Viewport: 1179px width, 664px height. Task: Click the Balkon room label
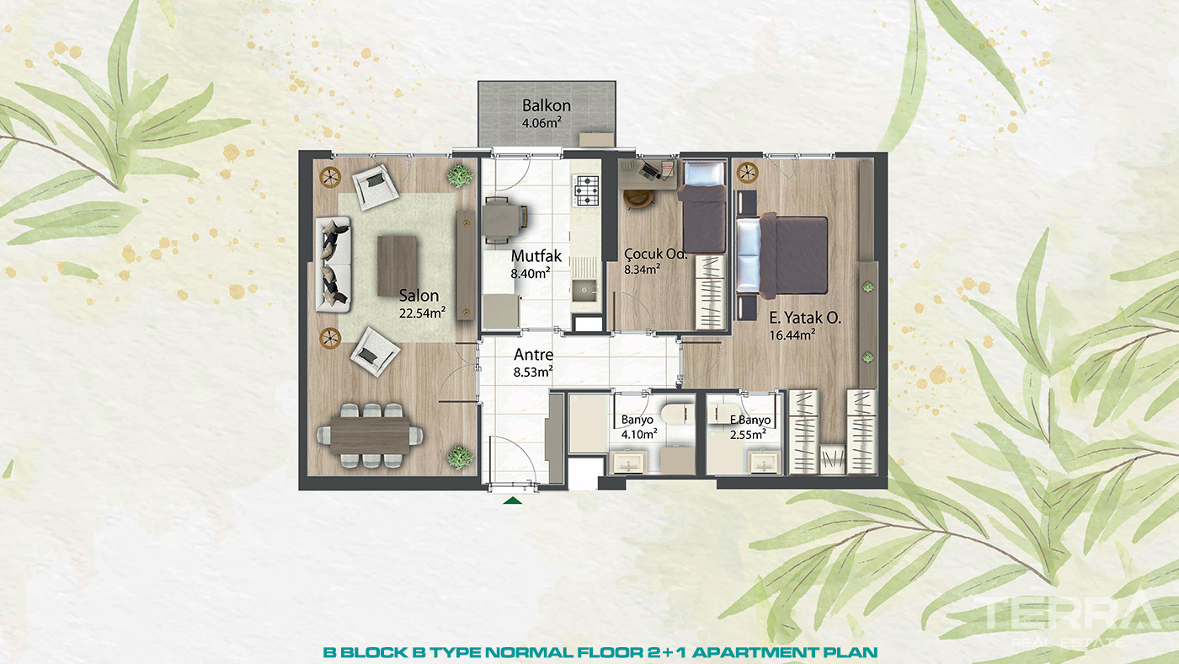tap(547, 105)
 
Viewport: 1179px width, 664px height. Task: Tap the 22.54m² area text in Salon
tap(422, 313)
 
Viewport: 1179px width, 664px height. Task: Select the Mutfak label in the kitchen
tap(536, 256)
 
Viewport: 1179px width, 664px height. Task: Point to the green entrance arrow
tap(512, 501)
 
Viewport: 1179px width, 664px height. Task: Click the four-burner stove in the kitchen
tap(586, 190)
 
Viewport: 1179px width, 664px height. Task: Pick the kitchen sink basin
tap(584, 290)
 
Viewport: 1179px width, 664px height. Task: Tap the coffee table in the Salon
tap(397, 266)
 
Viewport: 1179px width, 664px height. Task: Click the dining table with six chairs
tap(370, 436)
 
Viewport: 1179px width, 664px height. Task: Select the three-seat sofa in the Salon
tap(333, 265)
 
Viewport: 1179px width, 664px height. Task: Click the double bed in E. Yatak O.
tap(782, 255)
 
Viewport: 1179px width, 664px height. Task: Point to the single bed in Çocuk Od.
tap(703, 207)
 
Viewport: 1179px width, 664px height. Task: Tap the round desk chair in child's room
tap(638, 199)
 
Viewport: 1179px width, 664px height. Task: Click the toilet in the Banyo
tap(678, 414)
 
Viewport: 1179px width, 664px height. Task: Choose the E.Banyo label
tap(750, 420)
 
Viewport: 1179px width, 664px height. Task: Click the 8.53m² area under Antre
tap(533, 372)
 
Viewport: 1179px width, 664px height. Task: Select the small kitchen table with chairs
tap(504, 220)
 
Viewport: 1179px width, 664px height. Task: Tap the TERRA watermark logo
tap(1063, 614)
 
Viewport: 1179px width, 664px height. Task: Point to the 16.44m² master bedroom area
tap(792, 335)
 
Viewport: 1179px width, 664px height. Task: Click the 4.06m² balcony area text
tap(541, 123)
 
